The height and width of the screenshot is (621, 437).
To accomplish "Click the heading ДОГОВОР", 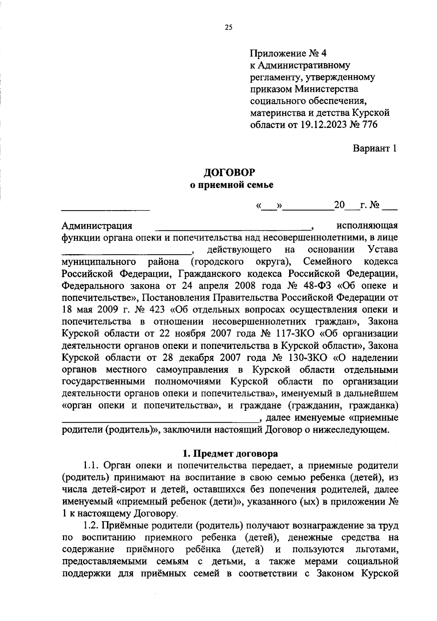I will [229, 172].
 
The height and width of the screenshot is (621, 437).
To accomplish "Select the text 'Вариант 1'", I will [375, 149].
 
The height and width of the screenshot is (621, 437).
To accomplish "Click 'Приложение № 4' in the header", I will [288, 54].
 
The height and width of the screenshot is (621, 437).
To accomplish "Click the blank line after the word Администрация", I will [233, 229].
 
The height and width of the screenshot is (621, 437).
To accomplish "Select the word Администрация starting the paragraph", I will [97, 226].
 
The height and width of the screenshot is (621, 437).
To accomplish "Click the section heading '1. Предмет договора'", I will [230, 454].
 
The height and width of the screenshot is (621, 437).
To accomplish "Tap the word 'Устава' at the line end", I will [382, 250].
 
